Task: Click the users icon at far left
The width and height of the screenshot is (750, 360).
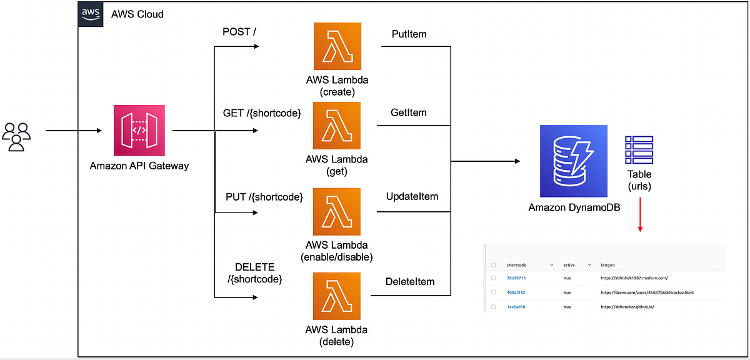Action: (16, 136)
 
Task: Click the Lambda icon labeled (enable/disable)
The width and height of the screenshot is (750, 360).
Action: (337, 211)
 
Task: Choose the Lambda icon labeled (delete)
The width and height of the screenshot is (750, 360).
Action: (337, 297)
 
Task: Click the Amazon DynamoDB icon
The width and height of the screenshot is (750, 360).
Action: (574, 161)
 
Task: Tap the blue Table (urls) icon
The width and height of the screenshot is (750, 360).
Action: (639, 149)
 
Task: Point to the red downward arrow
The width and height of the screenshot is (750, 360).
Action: (639, 216)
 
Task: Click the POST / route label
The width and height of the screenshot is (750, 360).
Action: (239, 32)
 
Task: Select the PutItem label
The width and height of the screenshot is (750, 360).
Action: (409, 34)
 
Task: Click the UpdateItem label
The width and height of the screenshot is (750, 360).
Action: (412, 196)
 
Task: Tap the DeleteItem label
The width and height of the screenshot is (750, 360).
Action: (409, 282)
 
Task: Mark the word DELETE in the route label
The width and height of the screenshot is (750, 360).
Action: (254, 267)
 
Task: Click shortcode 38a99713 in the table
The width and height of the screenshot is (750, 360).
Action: (516, 277)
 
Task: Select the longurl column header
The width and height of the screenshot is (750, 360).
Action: (607, 264)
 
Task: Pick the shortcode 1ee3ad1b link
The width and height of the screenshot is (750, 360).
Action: (516, 307)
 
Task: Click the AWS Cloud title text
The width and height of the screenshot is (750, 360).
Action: (137, 14)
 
